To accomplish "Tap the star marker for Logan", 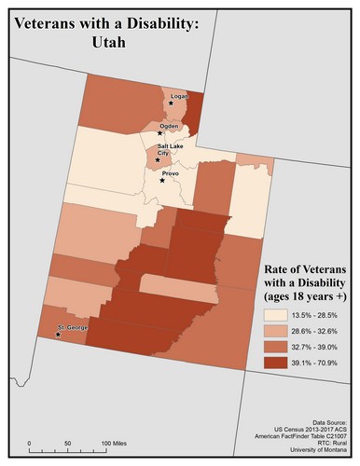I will click(171, 103).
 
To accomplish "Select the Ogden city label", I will click(169, 125).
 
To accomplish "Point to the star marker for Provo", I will click(162, 181).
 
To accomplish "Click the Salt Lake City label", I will click(169, 149).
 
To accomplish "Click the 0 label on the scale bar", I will click(29, 442).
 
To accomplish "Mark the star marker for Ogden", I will click(160, 134).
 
